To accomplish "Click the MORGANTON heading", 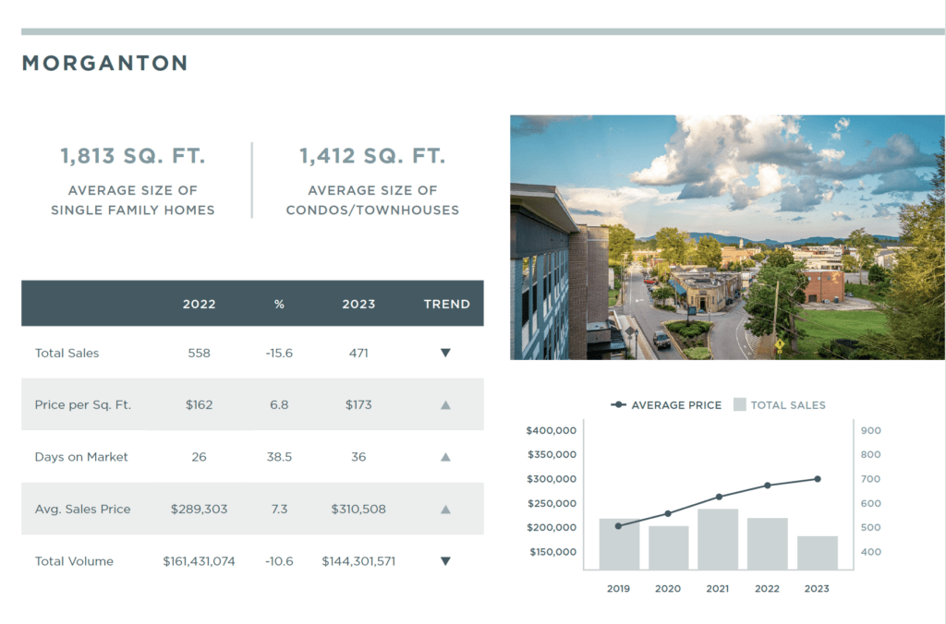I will click(104, 64).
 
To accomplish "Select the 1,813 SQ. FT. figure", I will click(133, 157).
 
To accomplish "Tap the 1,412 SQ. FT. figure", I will click(372, 157).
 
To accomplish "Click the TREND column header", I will click(447, 304).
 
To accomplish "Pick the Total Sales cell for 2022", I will click(199, 353).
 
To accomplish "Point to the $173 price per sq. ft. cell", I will click(358, 404).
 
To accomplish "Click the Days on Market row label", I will click(81, 457).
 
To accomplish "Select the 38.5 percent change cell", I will click(279, 457).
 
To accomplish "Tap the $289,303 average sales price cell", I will click(199, 509).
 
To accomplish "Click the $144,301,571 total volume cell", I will click(358, 561).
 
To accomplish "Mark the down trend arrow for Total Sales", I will click(445, 353).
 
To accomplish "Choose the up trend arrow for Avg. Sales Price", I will click(445, 509).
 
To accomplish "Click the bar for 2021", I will click(718, 539).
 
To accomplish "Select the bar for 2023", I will click(818, 552).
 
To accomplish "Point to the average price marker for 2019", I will click(618, 526).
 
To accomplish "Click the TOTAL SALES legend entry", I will click(780, 405).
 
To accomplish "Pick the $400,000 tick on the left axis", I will click(551, 431).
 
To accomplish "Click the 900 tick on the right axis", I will click(870, 431).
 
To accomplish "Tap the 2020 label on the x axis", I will click(668, 588).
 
